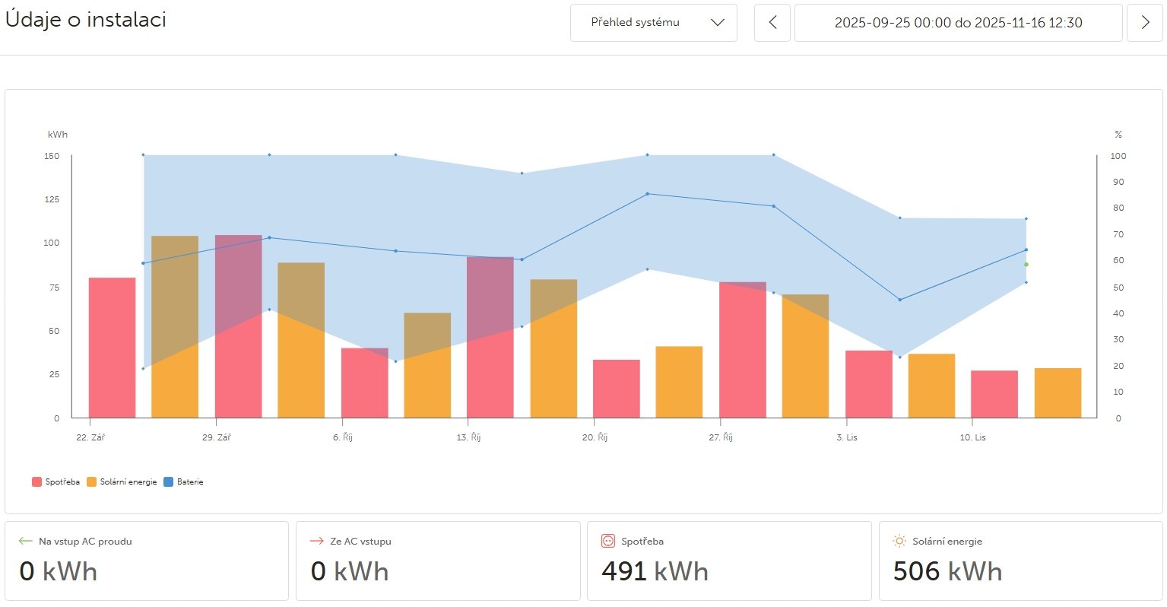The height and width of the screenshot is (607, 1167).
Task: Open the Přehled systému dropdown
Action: [x=653, y=23]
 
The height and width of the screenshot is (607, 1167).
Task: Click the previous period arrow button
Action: [x=772, y=23]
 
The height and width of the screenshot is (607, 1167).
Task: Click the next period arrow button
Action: [x=1145, y=23]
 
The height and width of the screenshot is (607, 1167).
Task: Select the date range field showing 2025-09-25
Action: [x=958, y=23]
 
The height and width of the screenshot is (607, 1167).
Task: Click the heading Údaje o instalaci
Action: [x=86, y=20]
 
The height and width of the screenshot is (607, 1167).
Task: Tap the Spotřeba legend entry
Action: [x=56, y=481]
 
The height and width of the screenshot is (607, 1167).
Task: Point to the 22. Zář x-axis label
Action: [x=90, y=437]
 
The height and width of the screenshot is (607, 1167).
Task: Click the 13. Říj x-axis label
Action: [x=468, y=437]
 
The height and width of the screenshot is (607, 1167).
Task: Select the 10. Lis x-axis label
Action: [x=972, y=437]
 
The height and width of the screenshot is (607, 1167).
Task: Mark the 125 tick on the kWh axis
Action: [x=52, y=199]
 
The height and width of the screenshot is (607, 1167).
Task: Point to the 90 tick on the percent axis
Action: [x=1118, y=183]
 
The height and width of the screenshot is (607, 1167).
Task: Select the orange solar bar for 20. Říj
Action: [x=679, y=382]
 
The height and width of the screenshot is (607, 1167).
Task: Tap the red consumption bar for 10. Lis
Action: [x=994, y=394]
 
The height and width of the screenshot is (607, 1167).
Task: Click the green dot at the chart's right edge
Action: [x=1026, y=265]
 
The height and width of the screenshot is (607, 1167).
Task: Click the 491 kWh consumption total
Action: [x=654, y=571]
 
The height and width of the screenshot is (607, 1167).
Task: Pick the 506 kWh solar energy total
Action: [x=947, y=571]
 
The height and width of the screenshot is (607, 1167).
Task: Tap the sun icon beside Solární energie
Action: [x=899, y=541]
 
